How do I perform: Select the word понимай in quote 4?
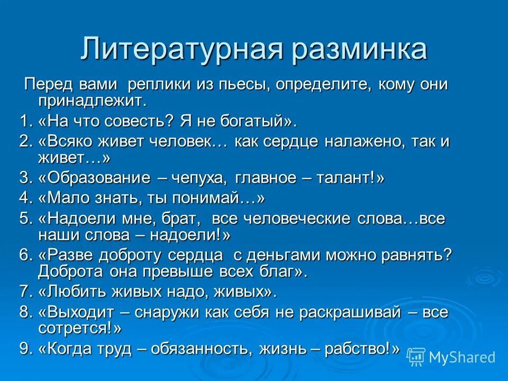pos(220,199)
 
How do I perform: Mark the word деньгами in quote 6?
pos(283,256)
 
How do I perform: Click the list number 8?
pos(26,313)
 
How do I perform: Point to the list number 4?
pos(26,199)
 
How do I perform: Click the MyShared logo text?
pos(462,357)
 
